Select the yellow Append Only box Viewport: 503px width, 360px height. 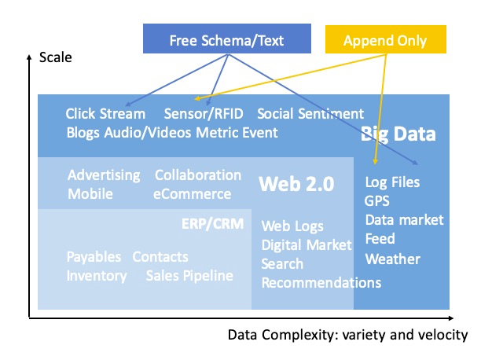coord(386,39)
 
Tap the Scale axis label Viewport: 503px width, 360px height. coord(54,57)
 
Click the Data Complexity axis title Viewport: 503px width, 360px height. coord(347,335)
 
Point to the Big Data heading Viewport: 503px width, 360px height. coord(398,134)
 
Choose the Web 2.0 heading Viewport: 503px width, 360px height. coord(296,184)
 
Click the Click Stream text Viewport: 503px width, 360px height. coord(105,114)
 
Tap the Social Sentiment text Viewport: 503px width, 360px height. coord(310,114)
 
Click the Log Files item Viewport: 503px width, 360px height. coord(392,182)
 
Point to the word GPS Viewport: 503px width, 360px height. coord(378,200)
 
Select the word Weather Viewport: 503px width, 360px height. coord(392,259)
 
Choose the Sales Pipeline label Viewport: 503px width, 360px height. coord(189,275)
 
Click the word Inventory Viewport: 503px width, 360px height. coord(97,275)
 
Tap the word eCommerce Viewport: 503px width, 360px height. coord(193,193)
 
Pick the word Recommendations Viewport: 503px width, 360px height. coord(321,282)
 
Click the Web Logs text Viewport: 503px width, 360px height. coord(292,226)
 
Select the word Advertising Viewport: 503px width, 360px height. coord(104,174)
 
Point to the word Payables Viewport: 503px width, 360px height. coord(94,257)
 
